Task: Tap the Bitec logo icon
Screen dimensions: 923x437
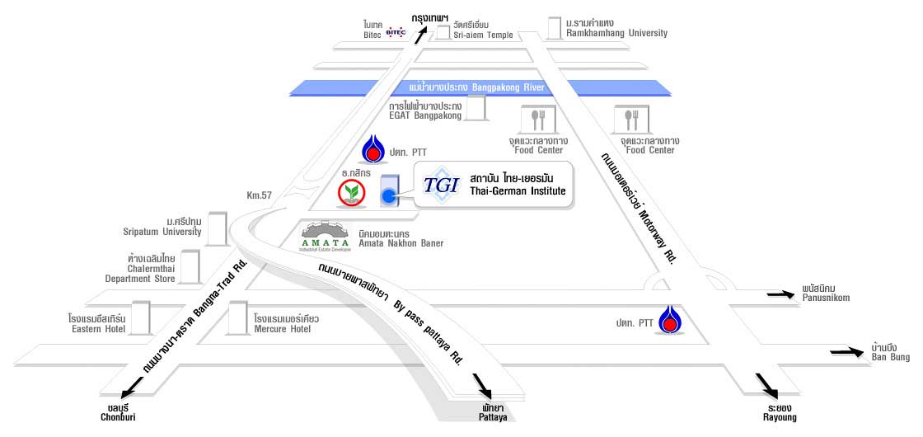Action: pos(396,32)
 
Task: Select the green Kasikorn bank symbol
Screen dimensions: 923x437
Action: pos(351,193)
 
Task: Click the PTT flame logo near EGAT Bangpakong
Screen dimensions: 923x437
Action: pos(372,148)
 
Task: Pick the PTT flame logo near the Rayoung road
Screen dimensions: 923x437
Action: pos(669,320)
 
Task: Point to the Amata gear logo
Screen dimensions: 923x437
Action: pos(326,237)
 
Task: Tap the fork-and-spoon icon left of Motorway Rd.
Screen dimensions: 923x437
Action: pos(538,120)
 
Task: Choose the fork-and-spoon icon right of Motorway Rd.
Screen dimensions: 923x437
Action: pos(631,120)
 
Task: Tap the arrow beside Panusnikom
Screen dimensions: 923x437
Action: pos(780,294)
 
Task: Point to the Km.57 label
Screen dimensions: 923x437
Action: pos(259,195)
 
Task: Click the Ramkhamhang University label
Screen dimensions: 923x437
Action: pos(617,33)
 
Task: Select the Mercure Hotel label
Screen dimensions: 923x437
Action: pos(283,329)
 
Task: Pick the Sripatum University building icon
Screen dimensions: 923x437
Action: pos(218,228)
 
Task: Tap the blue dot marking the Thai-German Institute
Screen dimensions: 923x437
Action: pos(388,196)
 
